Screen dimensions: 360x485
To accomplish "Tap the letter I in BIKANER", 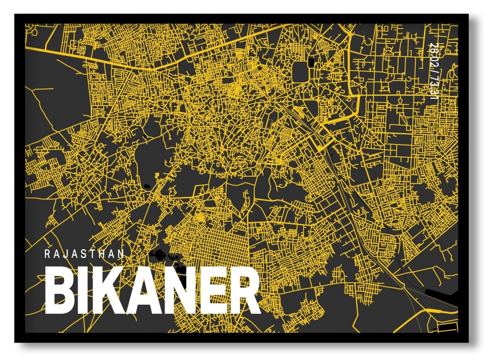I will click(x=81, y=292).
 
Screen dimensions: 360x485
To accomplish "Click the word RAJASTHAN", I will click(x=84, y=253).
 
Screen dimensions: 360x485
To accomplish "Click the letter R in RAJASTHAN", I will click(x=47, y=253).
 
